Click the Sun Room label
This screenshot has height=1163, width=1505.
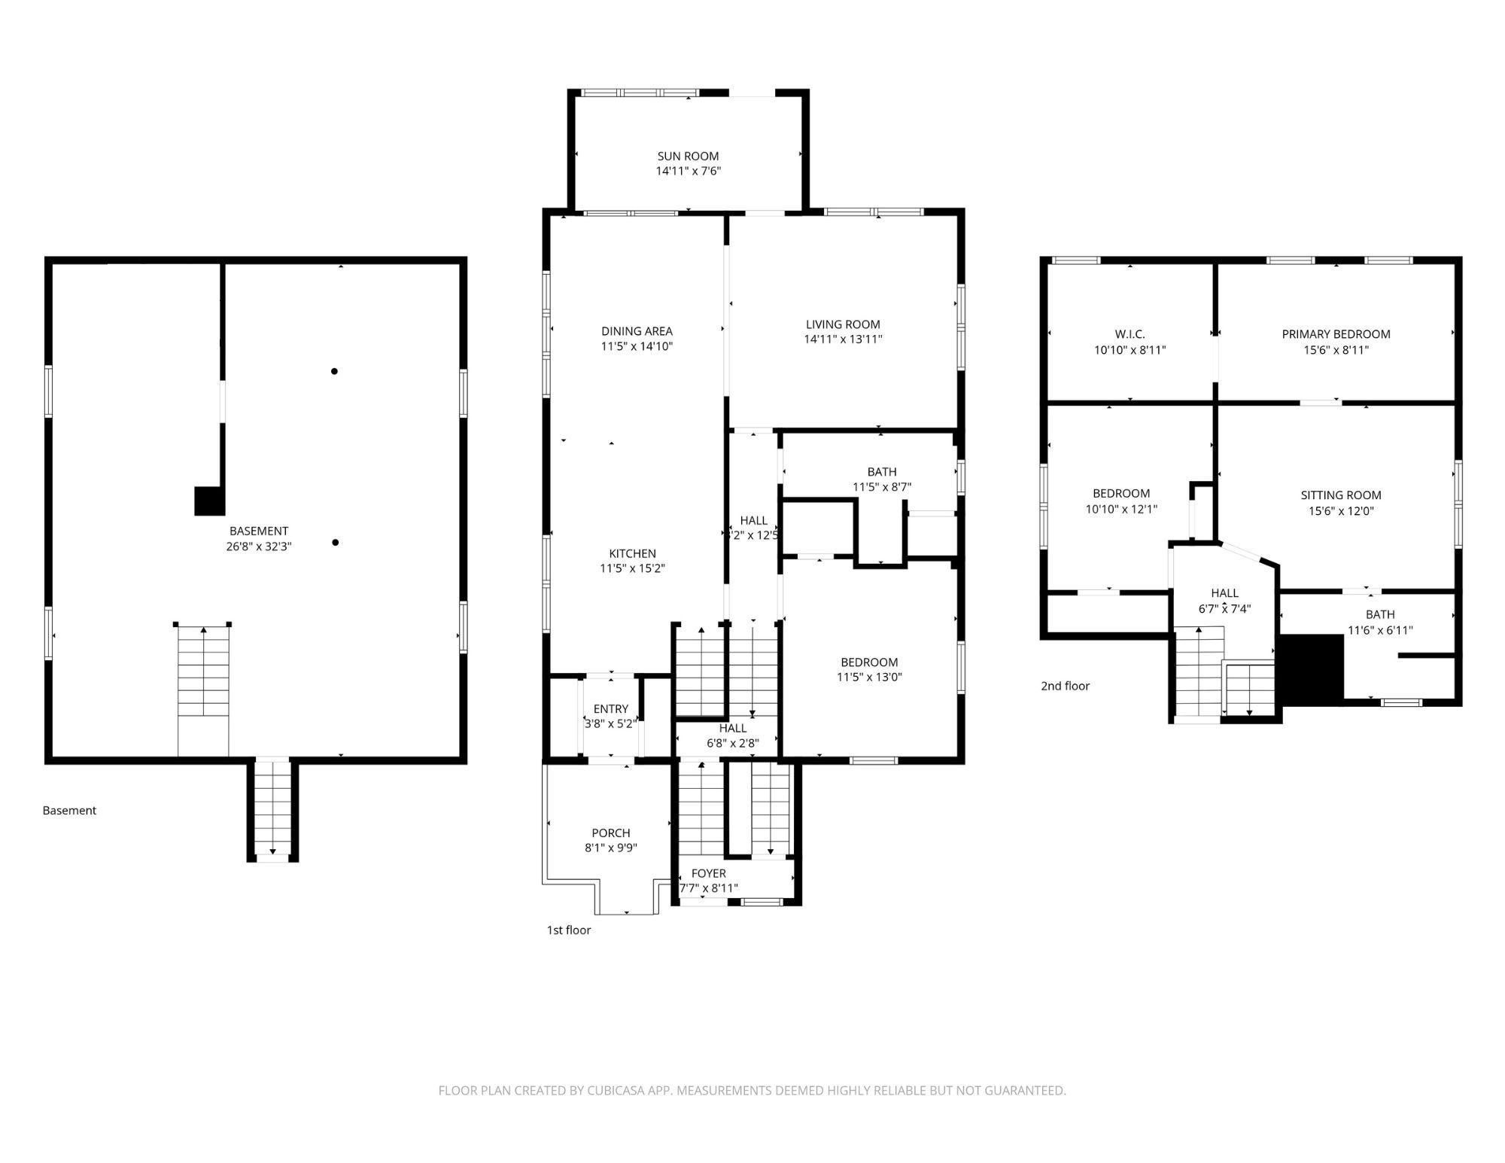tap(688, 157)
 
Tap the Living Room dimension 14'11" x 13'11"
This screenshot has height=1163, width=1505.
tap(843, 339)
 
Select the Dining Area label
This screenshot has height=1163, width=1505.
tap(637, 331)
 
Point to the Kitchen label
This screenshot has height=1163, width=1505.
tap(632, 553)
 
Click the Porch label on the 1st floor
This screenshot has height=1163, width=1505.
tap(610, 833)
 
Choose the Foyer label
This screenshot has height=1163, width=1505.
tap(708, 873)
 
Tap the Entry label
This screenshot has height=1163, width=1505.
tap(610, 709)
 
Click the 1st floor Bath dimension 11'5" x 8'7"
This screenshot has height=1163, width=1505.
tap(882, 487)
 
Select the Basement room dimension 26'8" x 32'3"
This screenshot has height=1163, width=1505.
tap(259, 546)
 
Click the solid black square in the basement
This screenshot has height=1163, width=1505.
tap(209, 501)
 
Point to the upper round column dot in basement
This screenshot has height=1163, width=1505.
tap(334, 371)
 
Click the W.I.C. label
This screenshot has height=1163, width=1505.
tap(1130, 334)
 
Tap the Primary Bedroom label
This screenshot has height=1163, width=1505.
tap(1336, 334)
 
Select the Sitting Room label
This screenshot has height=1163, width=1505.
tap(1341, 495)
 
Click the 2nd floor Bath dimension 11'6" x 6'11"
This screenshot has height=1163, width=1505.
tap(1380, 630)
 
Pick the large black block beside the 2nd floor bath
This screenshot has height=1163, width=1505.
tap(1312, 668)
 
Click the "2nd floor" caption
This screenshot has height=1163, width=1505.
tap(1065, 686)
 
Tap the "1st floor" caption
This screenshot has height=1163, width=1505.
tap(568, 930)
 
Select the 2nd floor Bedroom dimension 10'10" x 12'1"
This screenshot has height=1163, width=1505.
tap(1121, 509)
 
